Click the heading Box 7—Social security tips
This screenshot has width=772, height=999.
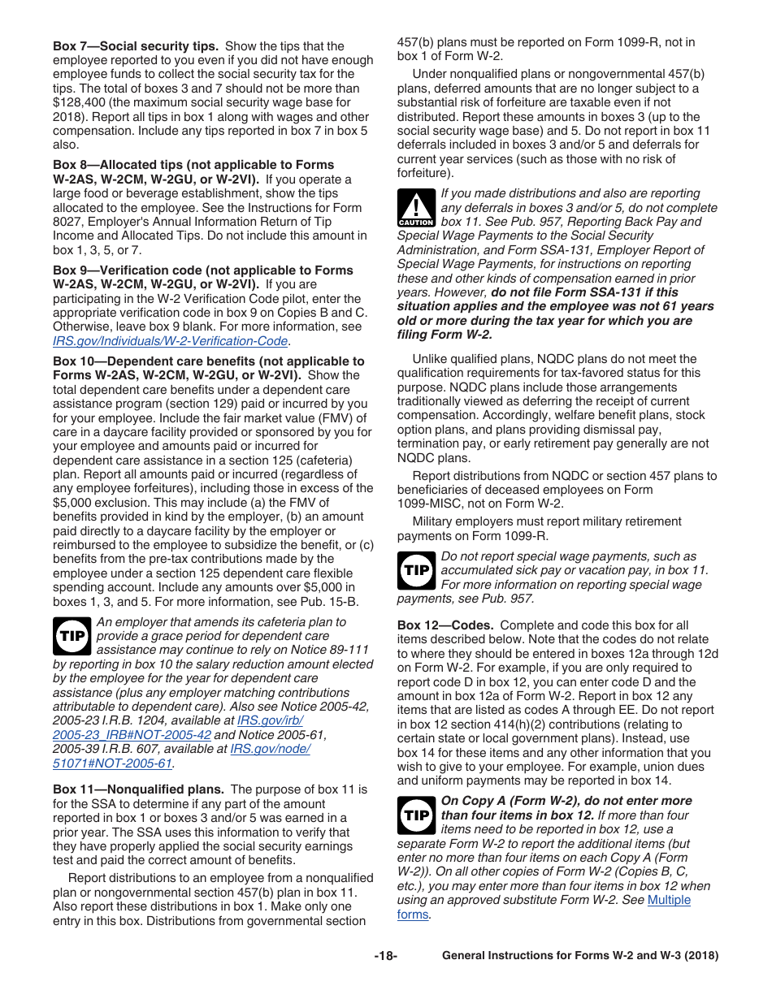(x=136, y=46)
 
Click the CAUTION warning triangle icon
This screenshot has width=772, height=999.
(x=416, y=208)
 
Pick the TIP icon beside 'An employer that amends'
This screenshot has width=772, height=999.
(x=72, y=636)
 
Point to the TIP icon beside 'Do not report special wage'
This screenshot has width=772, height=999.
(x=416, y=570)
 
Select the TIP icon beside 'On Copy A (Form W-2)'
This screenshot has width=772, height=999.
(x=416, y=815)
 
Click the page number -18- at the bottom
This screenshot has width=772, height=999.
(x=385, y=956)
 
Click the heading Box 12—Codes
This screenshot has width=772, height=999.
(x=445, y=625)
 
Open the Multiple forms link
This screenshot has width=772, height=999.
(x=668, y=900)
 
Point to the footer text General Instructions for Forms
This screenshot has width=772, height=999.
(x=579, y=956)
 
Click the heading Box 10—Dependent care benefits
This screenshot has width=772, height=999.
(x=209, y=361)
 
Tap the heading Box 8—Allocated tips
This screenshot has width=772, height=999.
(x=193, y=165)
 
